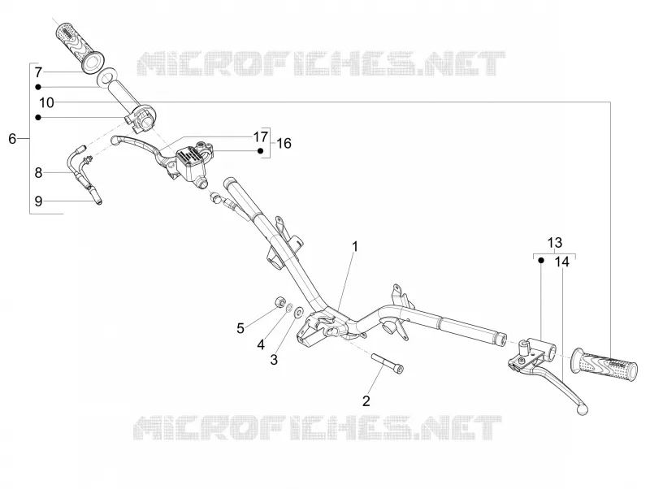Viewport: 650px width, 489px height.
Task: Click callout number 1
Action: click(355, 247)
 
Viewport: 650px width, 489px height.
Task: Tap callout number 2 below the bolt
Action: click(366, 400)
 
